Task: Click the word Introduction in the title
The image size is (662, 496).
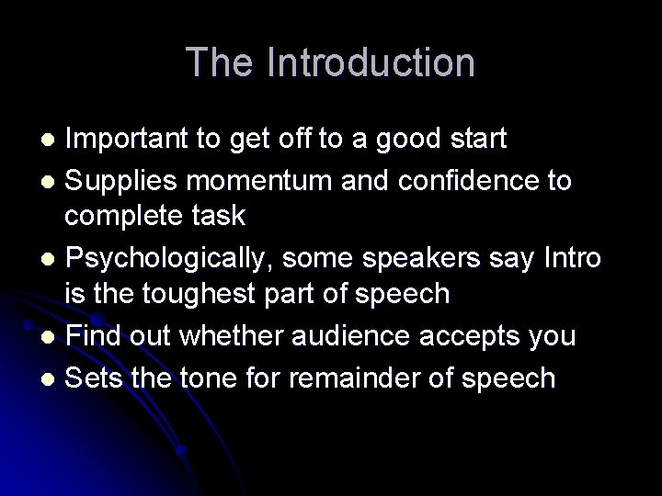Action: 371,63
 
